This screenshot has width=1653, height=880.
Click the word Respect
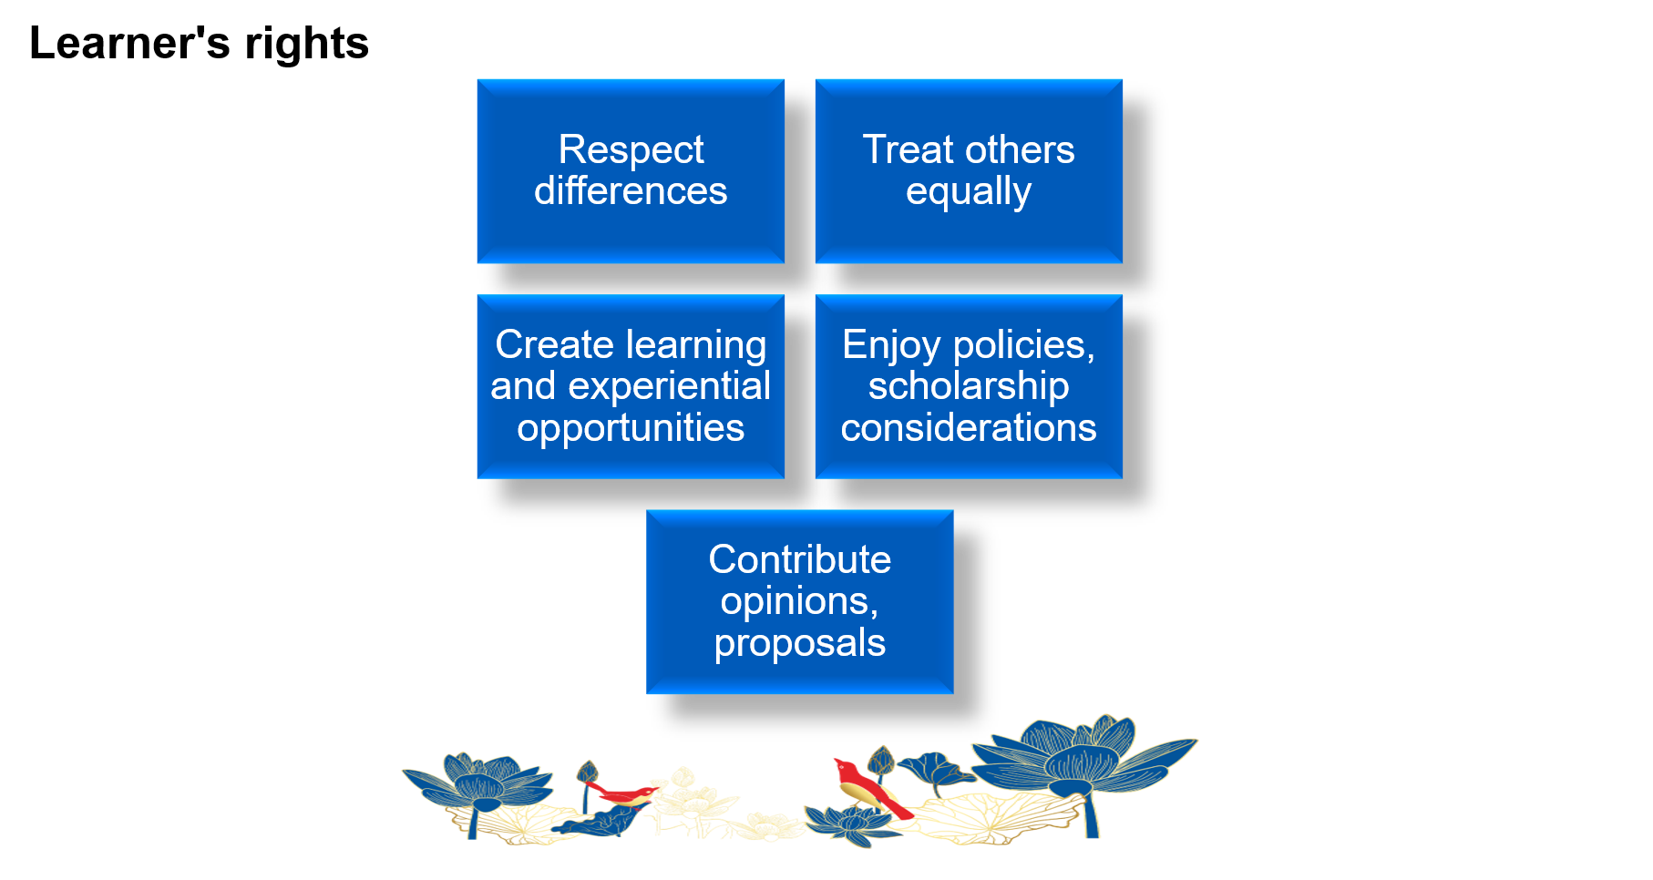coord(631,150)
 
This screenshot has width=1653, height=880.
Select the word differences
coord(631,191)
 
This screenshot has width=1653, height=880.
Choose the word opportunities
coord(631,428)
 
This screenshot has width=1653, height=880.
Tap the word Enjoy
coord(890,345)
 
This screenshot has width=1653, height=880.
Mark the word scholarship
coord(968,386)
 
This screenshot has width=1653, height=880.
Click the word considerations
coord(968,428)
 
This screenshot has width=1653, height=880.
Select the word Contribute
coord(799,560)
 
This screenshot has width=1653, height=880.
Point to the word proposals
coord(799,643)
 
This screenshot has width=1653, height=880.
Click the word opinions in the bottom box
coord(794,601)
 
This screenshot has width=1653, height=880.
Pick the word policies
coord(1023,345)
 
